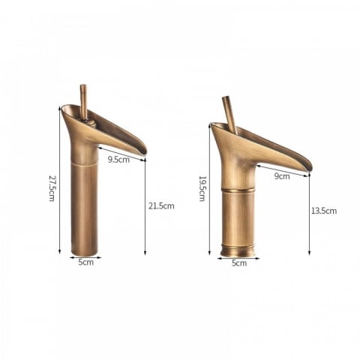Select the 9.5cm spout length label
[x=118, y=159]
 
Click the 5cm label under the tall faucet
[x=86, y=262]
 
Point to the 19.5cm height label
[x=202, y=188]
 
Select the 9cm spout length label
[x=282, y=177]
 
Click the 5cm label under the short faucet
[x=238, y=263]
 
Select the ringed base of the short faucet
[x=238, y=248]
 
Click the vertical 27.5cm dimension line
[x=59, y=180]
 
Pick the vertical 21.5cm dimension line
[x=145, y=206]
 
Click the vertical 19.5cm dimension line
[x=210, y=187]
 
